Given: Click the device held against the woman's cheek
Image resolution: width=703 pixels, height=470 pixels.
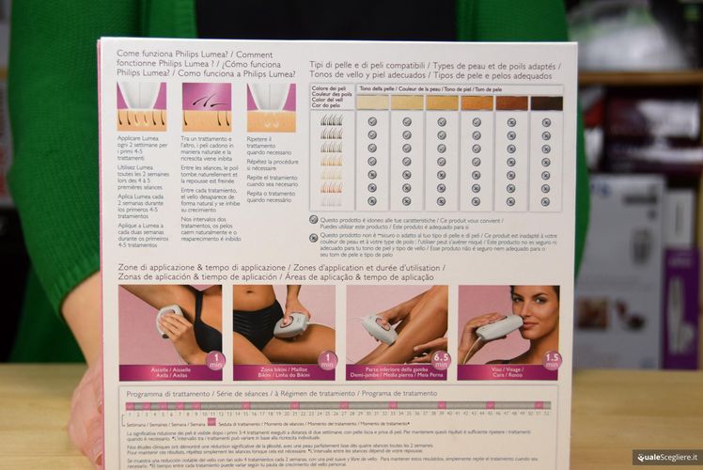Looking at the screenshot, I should [x=498, y=327].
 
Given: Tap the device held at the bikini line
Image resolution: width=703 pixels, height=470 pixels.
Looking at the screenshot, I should [x=290, y=324].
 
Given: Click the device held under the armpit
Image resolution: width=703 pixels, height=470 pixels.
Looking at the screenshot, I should [x=168, y=319].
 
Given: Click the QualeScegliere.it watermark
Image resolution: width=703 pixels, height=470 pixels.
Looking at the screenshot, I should [x=666, y=457].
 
